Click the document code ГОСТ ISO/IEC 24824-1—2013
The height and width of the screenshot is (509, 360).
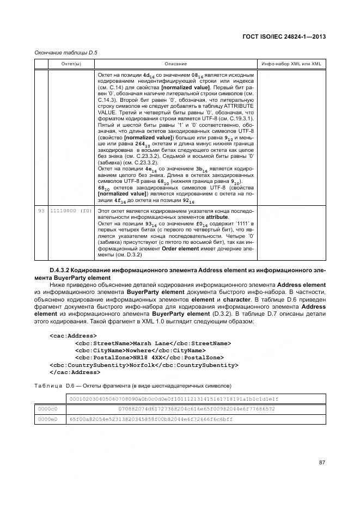[x=287, y=36]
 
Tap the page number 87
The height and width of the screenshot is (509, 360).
[x=321, y=462]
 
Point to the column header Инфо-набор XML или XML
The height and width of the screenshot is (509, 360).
[x=291, y=64]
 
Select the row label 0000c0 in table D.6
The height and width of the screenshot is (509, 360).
[x=48, y=408]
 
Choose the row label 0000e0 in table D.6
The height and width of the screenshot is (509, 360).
[x=48, y=419]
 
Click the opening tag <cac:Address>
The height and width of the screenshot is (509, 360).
[x=74, y=336]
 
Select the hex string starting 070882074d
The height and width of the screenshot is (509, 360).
[x=197, y=408]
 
